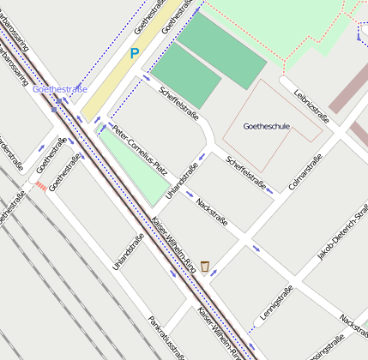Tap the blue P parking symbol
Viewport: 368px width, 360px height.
(134, 53)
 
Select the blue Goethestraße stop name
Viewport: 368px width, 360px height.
(59, 88)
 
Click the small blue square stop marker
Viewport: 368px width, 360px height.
(55, 109)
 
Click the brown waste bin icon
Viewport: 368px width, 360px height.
(205, 266)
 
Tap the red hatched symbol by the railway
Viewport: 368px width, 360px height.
(40, 184)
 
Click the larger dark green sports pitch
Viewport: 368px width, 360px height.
(222, 50)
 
